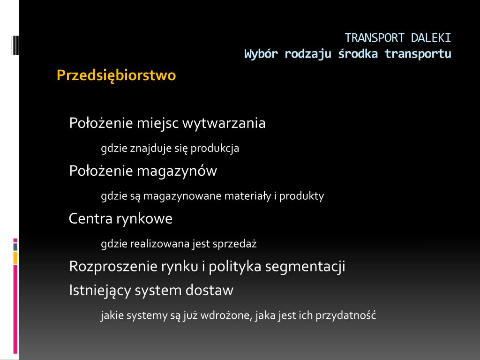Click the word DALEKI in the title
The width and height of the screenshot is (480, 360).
pyautogui.click(x=431, y=38)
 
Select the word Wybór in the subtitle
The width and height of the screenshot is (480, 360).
pyautogui.click(x=261, y=54)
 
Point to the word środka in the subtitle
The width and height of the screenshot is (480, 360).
pyautogui.click(x=358, y=54)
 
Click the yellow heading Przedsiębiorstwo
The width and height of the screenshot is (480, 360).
pyautogui.click(x=116, y=75)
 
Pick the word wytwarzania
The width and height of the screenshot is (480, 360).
pyautogui.click(x=224, y=123)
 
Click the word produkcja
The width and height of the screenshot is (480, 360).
pyautogui.click(x=215, y=148)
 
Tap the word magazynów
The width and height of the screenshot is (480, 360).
pyautogui.click(x=177, y=171)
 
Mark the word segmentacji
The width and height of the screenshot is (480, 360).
pyautogui.click(x=305, y=266)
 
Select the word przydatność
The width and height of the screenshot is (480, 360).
pyautogui.click(x=345, y=315)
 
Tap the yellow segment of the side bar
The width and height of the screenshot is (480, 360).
pyautogui.click(x=15, y=258)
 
